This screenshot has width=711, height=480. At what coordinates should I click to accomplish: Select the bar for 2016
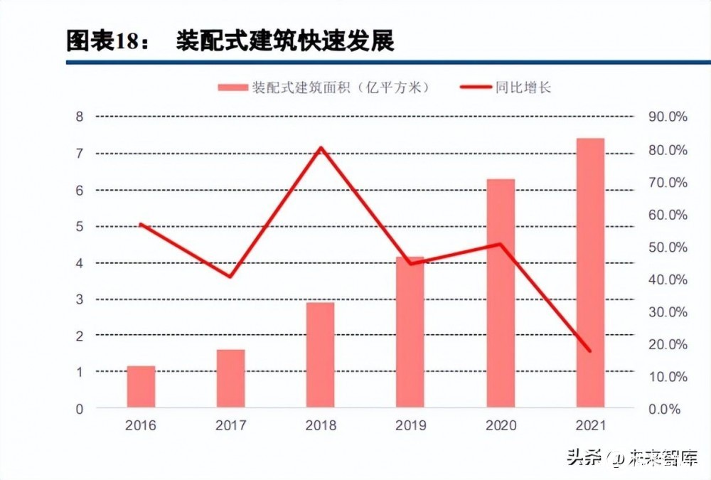coord(141,387)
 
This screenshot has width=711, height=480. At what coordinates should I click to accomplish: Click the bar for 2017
coord(231,378)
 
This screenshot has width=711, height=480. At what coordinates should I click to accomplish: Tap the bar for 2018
coord(320,355)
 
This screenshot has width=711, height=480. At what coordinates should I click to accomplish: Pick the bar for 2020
coord(501,293)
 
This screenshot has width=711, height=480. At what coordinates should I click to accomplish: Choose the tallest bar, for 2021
coord(590,272)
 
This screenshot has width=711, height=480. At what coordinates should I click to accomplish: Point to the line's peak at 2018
coord(321,147)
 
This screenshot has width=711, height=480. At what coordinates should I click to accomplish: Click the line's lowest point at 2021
coord(590,351)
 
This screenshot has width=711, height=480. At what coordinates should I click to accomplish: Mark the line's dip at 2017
coord(230,277)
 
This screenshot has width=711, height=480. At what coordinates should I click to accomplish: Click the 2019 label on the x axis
coord(410,425)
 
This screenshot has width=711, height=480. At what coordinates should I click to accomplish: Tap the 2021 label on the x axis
coord(590,425)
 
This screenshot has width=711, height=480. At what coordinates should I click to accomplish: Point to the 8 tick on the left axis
coord(80,117)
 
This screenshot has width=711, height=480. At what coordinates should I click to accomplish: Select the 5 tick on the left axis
coord(80,226)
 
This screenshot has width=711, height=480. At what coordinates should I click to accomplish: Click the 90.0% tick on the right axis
coord(668,117)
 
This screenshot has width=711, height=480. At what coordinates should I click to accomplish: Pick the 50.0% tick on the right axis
coord(668,247)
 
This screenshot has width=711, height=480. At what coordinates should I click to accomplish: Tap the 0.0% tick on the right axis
coord(664,410)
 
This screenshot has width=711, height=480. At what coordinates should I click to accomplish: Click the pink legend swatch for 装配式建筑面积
coord(232,87)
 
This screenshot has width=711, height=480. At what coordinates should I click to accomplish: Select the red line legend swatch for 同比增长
coord(476,87)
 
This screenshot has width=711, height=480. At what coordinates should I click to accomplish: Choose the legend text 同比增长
coord(523,87)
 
